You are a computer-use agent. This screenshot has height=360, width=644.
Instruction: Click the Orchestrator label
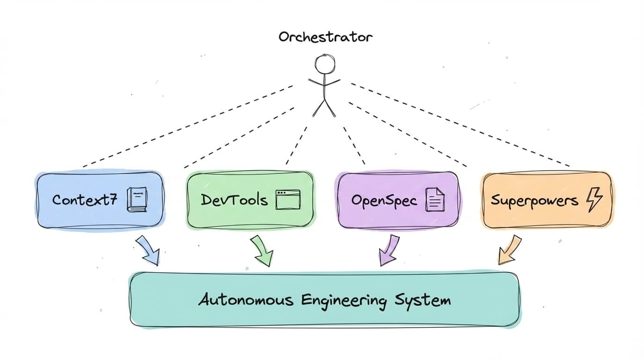(x=325, y=37)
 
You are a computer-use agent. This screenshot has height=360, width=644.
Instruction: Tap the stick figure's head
(x=325, y=64)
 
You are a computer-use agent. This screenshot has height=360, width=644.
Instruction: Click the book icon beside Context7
(x=137, y=199)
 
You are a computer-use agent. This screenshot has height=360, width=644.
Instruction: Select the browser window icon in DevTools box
(x=288, y=200)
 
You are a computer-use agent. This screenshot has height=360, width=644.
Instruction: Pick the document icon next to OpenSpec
(x=435, y=199)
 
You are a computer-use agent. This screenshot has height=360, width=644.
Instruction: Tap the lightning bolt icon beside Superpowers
(x=594, y=200)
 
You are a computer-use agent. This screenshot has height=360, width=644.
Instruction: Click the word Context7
(x=85, y=199)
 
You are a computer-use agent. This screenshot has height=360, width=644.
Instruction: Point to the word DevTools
(x=234, y=200)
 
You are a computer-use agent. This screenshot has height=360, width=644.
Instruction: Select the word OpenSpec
(x=384, y=200)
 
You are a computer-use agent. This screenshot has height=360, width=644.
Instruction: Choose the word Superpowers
(x=534, y=201)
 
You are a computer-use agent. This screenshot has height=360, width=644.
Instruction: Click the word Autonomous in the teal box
(x=246, y=300)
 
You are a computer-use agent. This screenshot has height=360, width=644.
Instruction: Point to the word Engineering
(x=344, y=301)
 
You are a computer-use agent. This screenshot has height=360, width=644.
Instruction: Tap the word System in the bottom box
(x=423, y=301)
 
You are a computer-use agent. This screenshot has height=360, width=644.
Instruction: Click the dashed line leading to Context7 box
(x=188, y=126)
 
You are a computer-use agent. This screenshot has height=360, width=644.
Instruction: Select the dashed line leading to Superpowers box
(x=460, y=125)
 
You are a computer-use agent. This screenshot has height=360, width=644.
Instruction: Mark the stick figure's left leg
(x=319, y=108)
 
